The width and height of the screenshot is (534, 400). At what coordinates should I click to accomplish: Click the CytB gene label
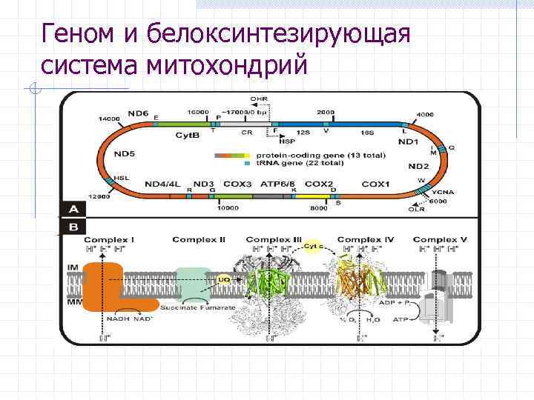pos(187,136)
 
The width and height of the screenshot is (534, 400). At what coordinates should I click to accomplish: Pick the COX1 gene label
pos(376,183)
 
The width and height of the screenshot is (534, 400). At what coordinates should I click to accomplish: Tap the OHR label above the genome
pos(259,99)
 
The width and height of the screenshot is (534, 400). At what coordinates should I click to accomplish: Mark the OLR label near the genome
pos(417,209)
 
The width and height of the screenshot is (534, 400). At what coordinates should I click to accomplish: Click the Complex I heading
pos(109,240)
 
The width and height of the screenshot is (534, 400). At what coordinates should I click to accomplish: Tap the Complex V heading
pos(440,240)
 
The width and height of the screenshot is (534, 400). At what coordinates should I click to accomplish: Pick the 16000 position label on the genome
pos(197,111)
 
